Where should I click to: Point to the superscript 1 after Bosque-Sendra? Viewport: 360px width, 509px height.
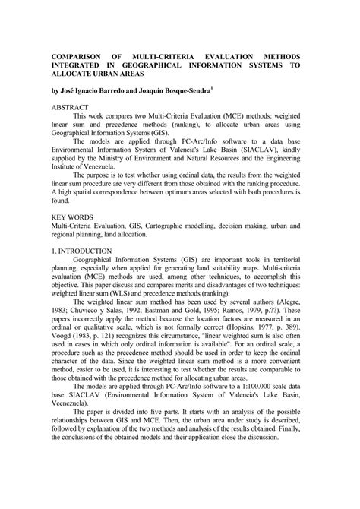[254, 88]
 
